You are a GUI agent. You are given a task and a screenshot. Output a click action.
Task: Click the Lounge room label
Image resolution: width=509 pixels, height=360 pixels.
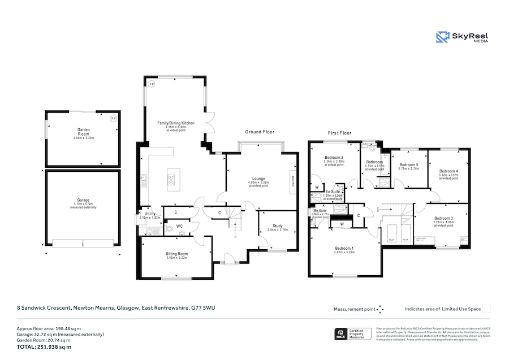[x=258, y=179]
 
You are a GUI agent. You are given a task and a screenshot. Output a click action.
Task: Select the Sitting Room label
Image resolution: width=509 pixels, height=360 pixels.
[x=176, y=254]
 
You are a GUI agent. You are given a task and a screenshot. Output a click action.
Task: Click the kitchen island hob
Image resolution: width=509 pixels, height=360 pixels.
[x=171, y=180]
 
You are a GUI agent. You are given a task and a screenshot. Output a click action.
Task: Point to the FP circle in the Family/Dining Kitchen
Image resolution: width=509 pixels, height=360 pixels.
[x=151, y=84]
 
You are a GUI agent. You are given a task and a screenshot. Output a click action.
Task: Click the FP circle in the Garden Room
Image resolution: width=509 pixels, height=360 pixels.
[x=113, y=119]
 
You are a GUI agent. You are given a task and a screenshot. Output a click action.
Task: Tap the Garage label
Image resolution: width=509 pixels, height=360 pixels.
[x=84, y=200]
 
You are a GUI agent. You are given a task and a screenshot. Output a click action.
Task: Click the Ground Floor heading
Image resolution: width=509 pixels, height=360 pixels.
[x=260, y=132]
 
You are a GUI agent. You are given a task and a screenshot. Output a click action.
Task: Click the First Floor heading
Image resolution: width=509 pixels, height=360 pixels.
[x=339, y=133]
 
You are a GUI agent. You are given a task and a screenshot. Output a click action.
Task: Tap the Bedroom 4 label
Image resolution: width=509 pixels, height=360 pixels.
[x=448, y=171]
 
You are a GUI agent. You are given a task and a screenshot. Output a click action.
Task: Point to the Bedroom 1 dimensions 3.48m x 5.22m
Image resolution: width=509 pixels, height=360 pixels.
[x=344, y=253]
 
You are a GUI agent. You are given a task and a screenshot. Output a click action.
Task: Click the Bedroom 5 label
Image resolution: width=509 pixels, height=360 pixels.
[x=408, y=164]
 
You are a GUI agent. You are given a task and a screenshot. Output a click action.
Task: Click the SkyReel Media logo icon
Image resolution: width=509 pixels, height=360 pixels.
[x=442, y=37]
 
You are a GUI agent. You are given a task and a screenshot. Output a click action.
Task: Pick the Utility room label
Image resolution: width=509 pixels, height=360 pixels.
[x=150, y=214]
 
